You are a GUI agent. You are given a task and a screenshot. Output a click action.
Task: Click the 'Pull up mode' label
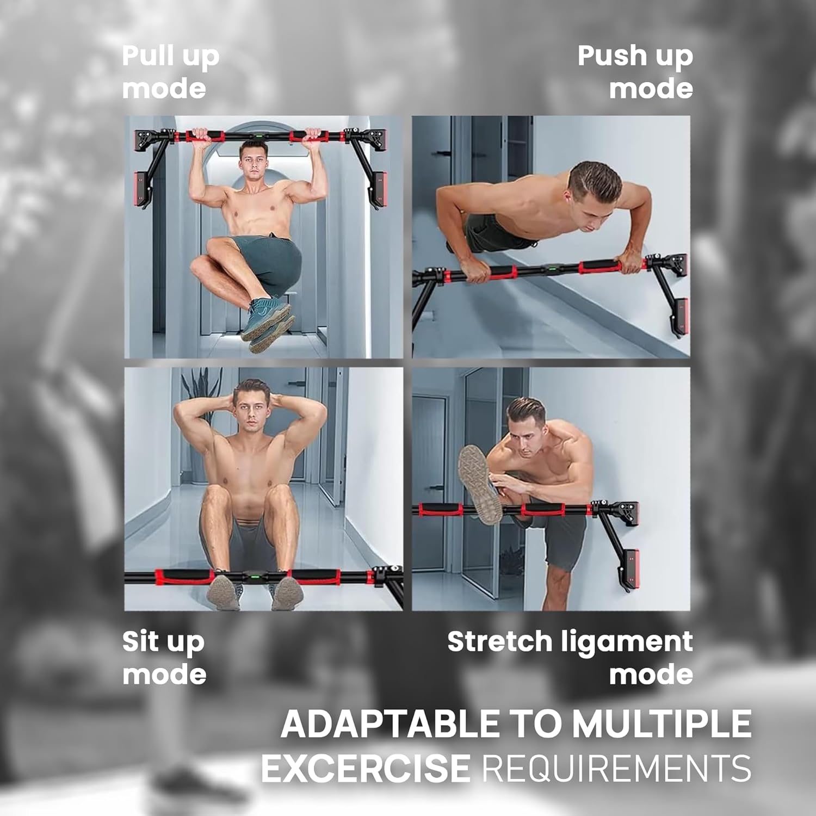pyautogui.click(x=170, y=72)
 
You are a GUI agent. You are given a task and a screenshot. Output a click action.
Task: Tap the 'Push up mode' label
pyautogui.click(x=635, y=72)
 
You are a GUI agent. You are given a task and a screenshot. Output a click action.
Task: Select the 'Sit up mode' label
pyautogui.click(x=164, y=658)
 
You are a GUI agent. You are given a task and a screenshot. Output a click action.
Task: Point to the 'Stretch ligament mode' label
pyautogui.click(x=570, y=658)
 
